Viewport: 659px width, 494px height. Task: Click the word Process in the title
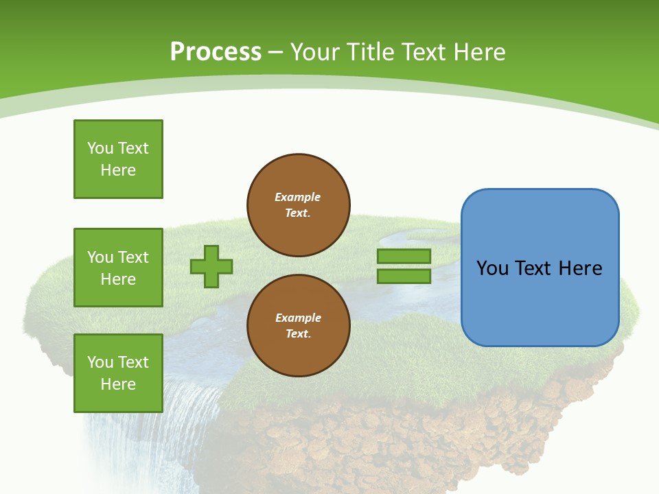point(216,52)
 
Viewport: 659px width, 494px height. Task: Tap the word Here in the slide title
point(478,52)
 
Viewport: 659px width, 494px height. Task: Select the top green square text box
point(118,159)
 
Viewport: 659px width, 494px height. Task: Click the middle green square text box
point(118,268)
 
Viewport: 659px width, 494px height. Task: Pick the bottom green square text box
point(118,373)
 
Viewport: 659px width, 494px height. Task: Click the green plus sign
point(211,266)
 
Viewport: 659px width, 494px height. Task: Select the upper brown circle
point(299,205)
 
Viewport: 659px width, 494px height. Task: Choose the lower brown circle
point(299,326)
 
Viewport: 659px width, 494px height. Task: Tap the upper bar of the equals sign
point(404,257)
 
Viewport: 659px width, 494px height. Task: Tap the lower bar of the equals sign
point(404,277)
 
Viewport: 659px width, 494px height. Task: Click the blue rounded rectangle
point(540,302)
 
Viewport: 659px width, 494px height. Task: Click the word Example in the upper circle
point(298,197)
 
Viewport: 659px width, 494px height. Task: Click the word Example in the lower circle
point(298,318)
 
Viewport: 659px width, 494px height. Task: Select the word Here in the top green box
point(118,170)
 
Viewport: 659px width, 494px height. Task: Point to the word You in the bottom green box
point(100,362)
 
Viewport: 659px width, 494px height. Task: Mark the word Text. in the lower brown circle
point(298,334)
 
